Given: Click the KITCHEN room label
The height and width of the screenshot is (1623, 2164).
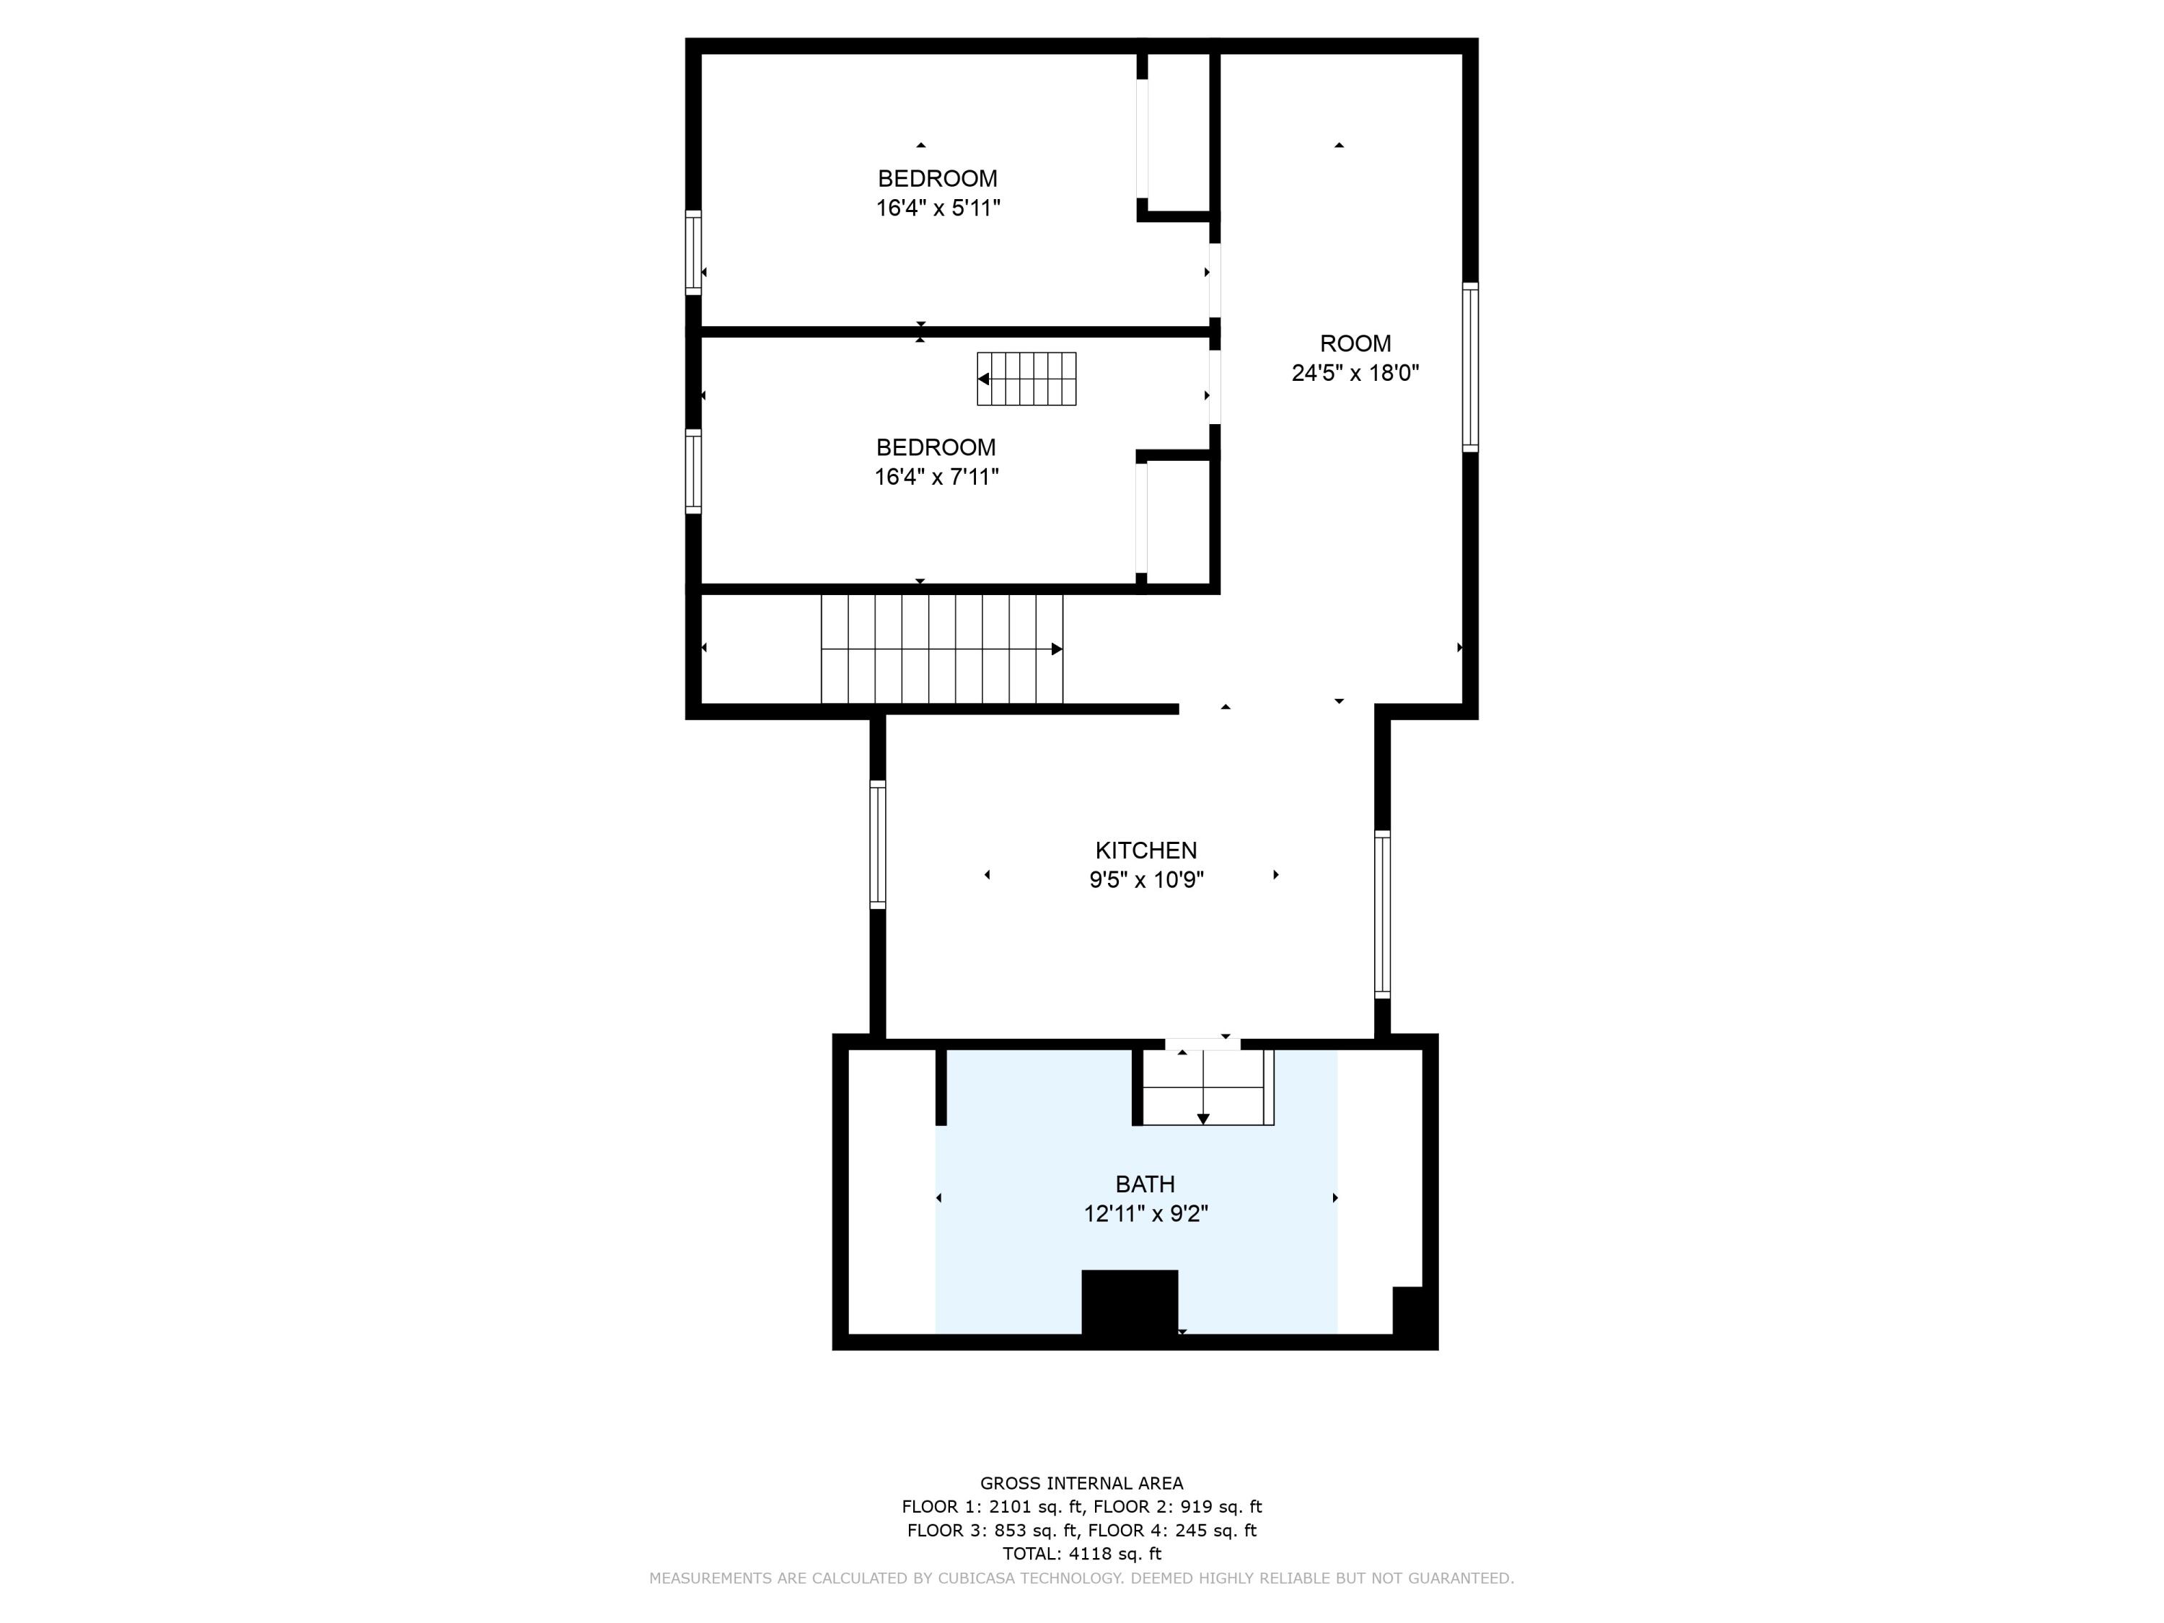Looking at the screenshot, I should pos(1145,850).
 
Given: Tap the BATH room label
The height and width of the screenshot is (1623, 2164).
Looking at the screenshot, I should pos(1145,1184).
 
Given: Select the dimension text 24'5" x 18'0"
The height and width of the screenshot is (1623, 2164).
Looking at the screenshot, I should pos(1355,373).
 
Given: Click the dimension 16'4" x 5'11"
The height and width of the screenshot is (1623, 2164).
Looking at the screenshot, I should pos(937,208).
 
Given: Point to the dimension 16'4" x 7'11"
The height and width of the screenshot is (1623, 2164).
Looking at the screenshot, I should pos(936,476).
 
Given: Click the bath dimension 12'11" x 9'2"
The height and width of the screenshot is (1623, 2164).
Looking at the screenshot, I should pos(1145,1214).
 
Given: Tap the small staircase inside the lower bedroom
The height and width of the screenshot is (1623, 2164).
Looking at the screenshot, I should pos(1026,379).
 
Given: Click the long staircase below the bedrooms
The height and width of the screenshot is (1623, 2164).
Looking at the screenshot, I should pos(941,648).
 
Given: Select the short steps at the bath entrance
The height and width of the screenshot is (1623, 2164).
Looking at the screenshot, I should pos(1208,1088).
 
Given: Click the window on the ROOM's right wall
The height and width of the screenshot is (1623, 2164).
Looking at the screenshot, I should pos(1469,367).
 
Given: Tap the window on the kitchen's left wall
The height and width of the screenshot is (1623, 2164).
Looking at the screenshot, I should pos(878,844).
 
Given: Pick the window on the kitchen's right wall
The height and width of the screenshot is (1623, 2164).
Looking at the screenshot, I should pos(1381,914).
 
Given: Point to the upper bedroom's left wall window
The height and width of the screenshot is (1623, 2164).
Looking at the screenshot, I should pos(692,252).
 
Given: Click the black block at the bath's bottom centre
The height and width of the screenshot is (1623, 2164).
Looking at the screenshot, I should pos(1129,1302).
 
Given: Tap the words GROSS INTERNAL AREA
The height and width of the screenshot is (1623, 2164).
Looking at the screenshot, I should pos(1081,1483).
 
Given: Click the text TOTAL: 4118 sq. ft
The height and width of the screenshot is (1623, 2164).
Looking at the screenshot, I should pos(1081,1554).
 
